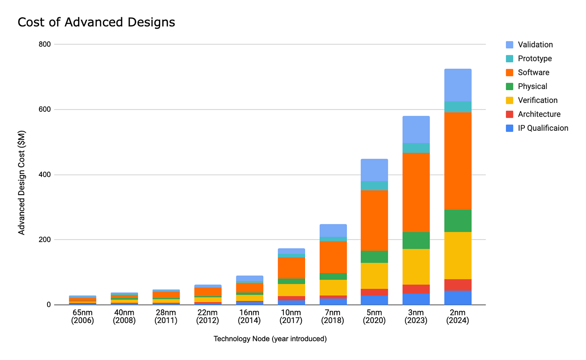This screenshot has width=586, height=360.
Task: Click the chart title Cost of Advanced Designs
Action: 96,22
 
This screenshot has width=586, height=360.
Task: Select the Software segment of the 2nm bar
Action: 458,161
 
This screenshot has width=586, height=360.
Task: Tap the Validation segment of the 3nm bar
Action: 416,130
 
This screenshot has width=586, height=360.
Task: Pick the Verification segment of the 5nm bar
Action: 374,276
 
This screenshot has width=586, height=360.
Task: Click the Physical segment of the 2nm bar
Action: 458,221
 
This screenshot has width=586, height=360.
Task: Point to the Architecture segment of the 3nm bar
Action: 416,289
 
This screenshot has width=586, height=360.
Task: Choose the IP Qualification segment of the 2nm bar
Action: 458,298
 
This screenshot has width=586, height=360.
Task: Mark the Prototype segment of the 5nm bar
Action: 374,185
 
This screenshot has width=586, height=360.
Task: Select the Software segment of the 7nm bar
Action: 333,257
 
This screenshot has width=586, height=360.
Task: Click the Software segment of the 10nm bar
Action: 291,268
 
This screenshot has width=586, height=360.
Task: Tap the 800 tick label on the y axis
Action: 45,44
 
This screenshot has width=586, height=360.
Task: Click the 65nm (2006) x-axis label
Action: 83,317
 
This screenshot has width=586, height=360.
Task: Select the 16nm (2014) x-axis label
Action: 249,317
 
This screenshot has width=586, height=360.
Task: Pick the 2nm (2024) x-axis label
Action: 458,317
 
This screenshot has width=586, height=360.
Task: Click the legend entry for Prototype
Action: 534,59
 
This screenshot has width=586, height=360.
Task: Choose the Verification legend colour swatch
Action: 510,101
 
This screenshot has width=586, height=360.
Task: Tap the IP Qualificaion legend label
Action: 543,128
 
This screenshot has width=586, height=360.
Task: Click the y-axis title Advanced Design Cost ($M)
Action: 22,183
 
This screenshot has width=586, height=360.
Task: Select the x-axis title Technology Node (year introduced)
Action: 270,339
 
